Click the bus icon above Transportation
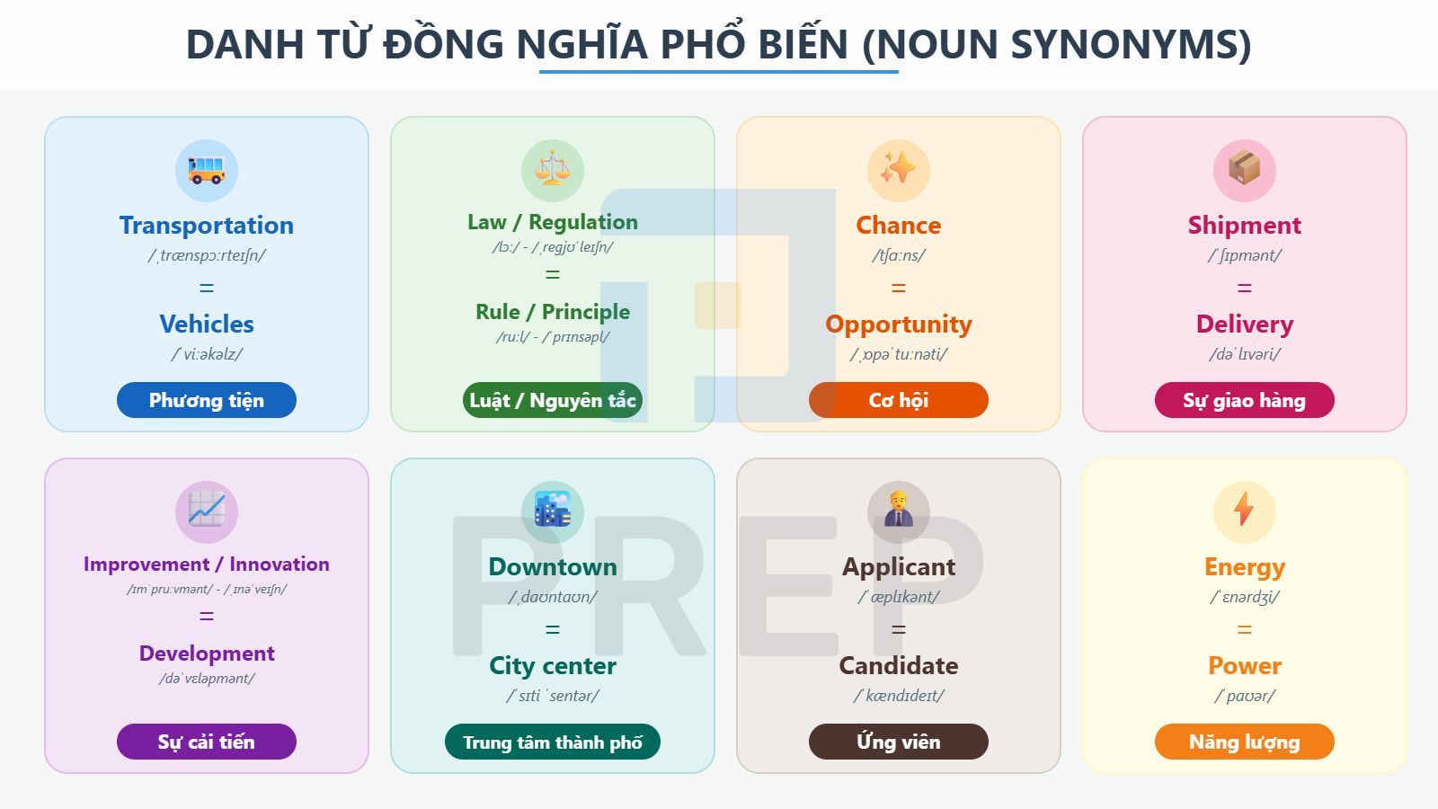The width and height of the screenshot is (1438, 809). (207, 170)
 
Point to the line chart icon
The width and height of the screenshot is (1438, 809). (207, 511)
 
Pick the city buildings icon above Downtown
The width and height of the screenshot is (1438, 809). (553, 511)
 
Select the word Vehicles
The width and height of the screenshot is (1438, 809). (207, 324)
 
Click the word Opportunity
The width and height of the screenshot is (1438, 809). (899, 324)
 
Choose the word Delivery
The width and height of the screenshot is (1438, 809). (1245, 324)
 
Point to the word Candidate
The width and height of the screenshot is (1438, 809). (899, 665)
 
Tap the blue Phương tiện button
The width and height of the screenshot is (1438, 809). (207, 400)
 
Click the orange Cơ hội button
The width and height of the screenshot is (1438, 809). (899, 400)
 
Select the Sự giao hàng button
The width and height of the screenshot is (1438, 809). (1245, 400)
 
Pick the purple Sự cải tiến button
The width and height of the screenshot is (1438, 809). (207, 742)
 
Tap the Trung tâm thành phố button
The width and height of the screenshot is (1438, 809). (553, 742)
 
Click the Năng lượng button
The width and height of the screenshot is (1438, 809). (1245, 742)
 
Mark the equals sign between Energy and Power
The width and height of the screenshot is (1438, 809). (1245, 630)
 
